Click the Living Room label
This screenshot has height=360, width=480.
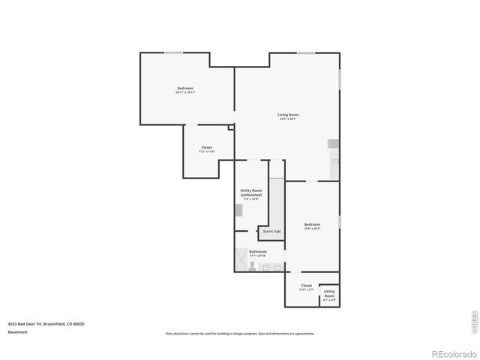(289, 116)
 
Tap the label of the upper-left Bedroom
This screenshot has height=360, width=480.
(186, 91)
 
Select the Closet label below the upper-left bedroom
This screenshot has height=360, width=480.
(206, 149)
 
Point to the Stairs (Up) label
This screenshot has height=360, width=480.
(272, 231)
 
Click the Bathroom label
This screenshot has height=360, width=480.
(258, 253)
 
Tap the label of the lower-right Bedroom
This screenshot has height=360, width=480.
(312, 226)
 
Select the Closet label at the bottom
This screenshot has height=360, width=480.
(306, 286)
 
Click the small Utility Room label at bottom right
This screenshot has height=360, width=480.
(329, 295)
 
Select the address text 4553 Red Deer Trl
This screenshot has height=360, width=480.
(46, 323)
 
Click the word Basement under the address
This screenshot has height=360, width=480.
(17, 331)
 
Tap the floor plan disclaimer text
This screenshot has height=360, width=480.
(239, 334)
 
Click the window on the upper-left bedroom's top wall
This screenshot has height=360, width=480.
(174, 52)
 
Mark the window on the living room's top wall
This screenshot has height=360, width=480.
(305, 52)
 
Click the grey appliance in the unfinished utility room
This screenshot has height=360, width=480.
(238, 211)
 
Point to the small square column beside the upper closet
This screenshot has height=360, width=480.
(231, 127)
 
